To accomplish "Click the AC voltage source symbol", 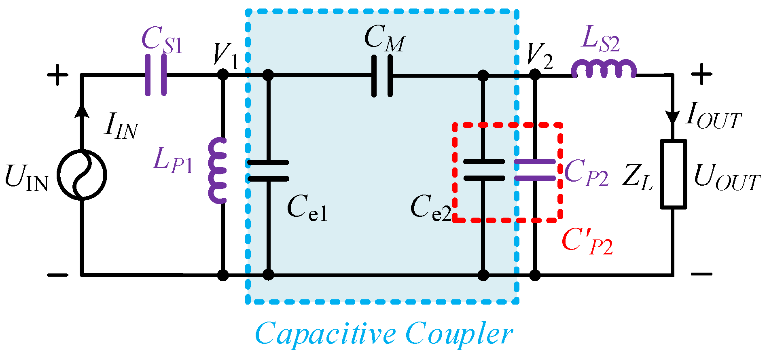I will (x=82, y=175).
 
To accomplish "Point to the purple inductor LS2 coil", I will (x=604, y=70).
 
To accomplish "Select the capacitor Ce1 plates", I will (x=268, y=170).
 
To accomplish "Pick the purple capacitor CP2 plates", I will (x=535, y=170).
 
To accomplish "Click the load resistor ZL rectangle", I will (x=673, y=174).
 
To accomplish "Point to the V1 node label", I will (x=226, y=55).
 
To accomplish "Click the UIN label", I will (x=26, y=178).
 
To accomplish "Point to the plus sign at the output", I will (x=701, y=74).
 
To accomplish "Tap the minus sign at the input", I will (x=57, y=275).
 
